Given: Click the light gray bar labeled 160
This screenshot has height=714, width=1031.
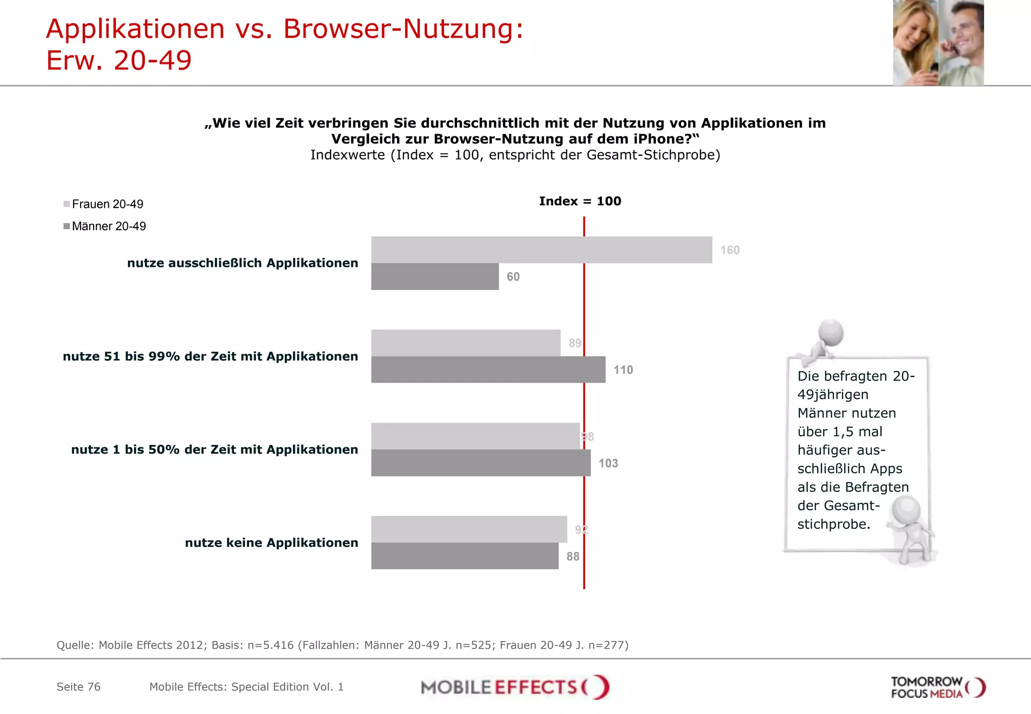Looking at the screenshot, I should click(541, 250).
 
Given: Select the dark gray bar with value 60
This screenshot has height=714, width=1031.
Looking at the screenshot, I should click(434, 276).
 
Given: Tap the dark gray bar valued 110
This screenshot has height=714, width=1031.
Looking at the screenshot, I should click(488, 370).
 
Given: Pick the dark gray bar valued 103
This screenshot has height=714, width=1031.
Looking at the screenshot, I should click(480, 463).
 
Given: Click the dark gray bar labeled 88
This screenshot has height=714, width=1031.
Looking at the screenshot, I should click(464, 556).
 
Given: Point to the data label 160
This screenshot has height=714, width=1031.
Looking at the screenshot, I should click(729, 250).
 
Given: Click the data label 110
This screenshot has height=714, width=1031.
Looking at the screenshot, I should click(623, 370).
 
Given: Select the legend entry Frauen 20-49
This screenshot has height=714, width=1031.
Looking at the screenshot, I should click(107, 204).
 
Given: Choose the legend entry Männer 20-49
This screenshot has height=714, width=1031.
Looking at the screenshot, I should click(108, 226).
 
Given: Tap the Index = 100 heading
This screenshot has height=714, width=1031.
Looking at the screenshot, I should click(580, 201).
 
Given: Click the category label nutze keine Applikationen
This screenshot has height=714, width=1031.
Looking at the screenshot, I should click(271, 543).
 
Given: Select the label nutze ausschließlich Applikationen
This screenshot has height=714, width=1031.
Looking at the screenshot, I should click(242, 263).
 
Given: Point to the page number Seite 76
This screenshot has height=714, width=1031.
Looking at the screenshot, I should click(79, 687).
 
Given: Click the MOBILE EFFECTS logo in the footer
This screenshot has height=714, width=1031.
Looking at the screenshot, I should click(514, 687).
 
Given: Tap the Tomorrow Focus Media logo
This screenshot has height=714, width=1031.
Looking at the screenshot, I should click(937, 687).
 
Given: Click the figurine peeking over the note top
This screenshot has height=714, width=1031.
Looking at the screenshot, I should click(826, 339).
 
